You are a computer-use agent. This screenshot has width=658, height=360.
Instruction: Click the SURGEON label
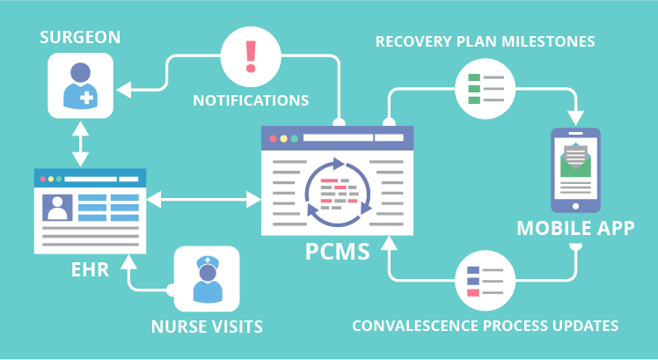[81, 38]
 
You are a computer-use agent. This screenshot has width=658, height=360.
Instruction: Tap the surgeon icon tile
[81, 86]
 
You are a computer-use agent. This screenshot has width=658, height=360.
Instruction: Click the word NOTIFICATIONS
[251, 99]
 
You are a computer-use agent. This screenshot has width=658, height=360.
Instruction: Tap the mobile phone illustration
[575, 170]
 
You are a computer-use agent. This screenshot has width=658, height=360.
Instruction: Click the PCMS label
[339, 251]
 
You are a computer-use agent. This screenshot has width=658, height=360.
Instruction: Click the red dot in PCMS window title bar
[273, 138]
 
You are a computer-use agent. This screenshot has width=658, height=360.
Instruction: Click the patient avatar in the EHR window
[58, 207]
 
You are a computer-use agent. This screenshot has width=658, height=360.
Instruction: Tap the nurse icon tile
[207, 278]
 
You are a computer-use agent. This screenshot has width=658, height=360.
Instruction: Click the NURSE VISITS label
[207, 327]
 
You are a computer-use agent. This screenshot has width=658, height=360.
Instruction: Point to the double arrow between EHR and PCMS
[204, 202]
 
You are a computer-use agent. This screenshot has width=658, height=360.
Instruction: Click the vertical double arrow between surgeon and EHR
[81, 145]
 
